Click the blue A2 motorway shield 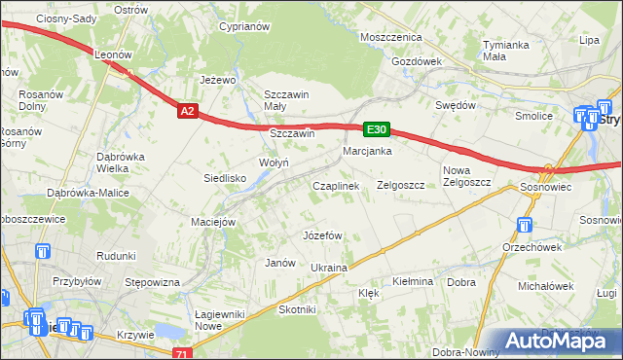tap(189, 112)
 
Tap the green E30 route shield tap(378, 128)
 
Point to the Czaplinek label tap(336, 185)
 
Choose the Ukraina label tap(328, 268)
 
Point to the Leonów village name tap(113, 55)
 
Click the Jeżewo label tap(219, 80)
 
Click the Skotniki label tap(298, 309)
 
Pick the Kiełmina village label tap(412, 281)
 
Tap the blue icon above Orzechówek tap(524, 226)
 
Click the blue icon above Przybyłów tap(42, 252)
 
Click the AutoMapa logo tap(561, 341)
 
